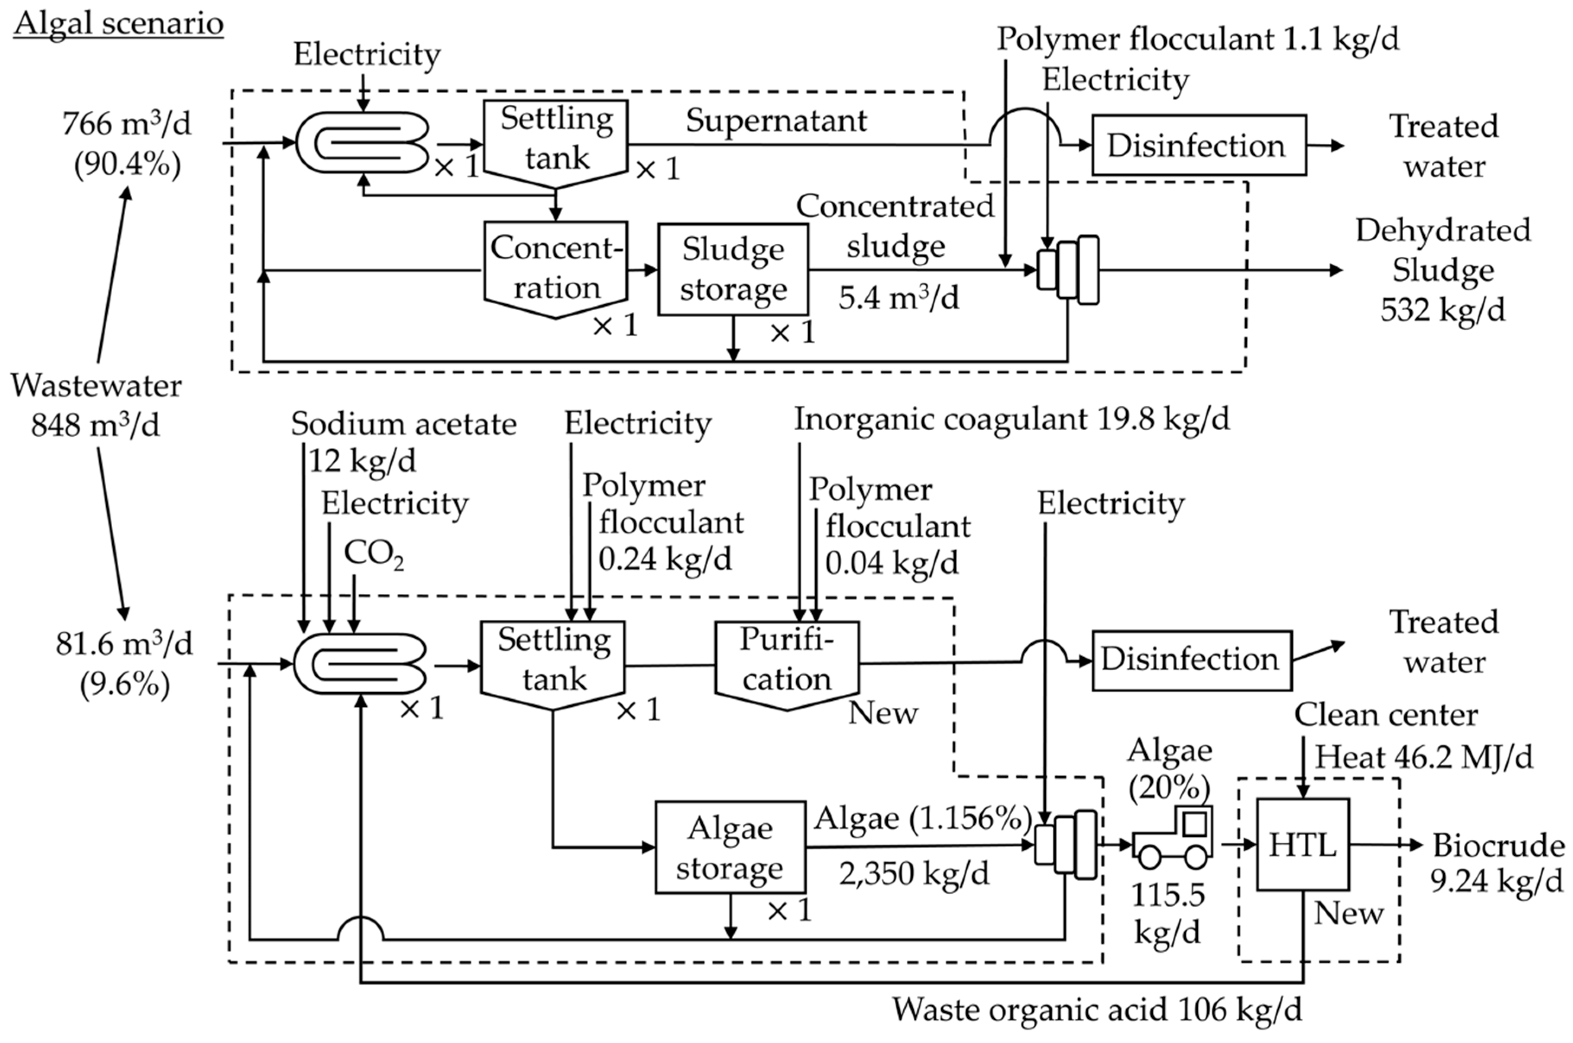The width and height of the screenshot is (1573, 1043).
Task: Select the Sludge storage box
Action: coord(733,269)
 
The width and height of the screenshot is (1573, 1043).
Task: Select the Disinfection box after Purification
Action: coord(1191,660)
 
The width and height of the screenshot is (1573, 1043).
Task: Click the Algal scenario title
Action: coord(118,24)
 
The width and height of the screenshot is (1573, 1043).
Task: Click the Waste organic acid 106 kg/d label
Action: coord(1097,1010)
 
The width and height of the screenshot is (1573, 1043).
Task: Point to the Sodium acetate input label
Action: coord(403,424)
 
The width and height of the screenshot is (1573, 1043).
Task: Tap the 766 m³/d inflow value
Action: coord(127,124)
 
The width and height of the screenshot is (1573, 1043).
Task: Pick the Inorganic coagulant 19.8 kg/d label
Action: coord(1011,419)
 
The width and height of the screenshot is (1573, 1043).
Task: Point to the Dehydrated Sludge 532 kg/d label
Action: coord(1443,269)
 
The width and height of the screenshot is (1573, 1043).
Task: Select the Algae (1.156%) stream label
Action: coord(922,818)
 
